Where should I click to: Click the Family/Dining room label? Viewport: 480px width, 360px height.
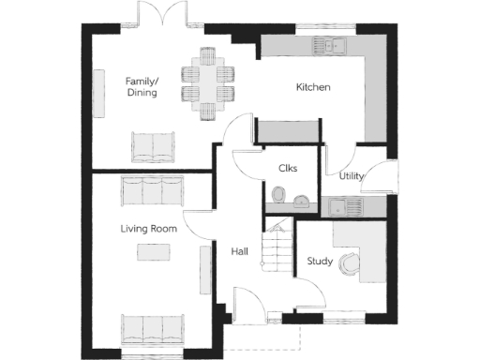coord(142,87)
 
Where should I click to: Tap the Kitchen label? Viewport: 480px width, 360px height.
coord(313,87)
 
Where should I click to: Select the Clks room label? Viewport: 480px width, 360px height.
coord(288,169)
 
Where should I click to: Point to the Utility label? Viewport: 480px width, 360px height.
coord(352,175)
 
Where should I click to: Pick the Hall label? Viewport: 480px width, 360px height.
coord(239,251)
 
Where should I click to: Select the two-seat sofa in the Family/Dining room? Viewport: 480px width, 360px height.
coord(152,146)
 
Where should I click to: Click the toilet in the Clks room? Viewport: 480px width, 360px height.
coord(277,195)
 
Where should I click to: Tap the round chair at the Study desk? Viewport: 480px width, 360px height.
coord(351,264)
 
